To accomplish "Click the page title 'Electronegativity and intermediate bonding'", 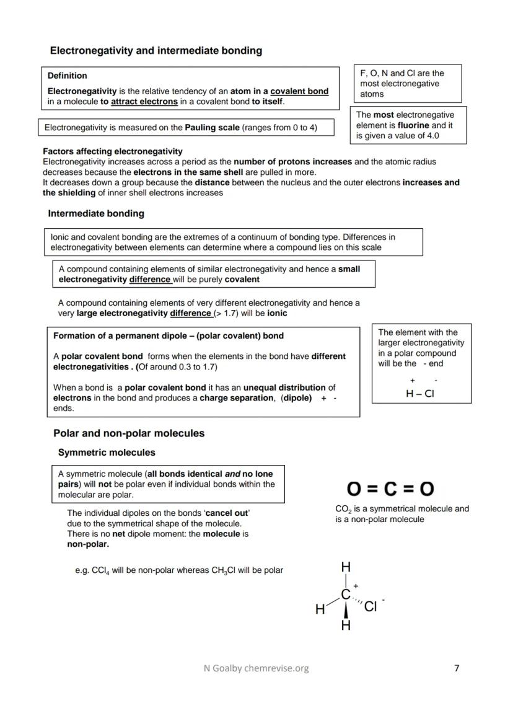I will click(x=156, y=51).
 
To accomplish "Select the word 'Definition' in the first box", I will click(x=67, y=76).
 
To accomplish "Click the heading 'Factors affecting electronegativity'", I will click(x=112, y=151).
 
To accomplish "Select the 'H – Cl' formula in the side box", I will click(x=419, y=393).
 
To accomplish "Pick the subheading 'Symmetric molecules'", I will click(x=107, y=453).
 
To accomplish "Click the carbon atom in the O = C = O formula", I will click(x=390, y=489).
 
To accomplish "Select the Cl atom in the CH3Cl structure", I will click(x=370, y=606).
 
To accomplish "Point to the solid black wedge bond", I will click(x=346, y=610).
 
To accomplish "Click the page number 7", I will click(x=457, y=668).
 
